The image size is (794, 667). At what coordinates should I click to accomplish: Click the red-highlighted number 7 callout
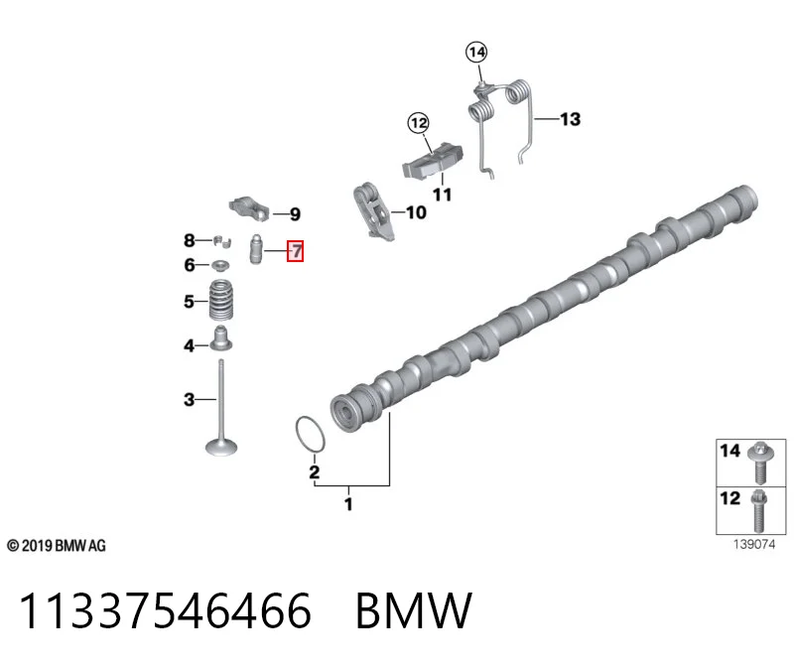coord(295,251)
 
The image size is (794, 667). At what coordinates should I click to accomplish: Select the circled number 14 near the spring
coord(476,53)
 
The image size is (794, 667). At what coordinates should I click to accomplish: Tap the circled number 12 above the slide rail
coord(419,123)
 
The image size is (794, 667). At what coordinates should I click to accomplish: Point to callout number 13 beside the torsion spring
coord(570,119)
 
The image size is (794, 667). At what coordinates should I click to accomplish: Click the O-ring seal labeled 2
coord(310,435)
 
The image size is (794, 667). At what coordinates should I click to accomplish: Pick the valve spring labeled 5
coord(221,300)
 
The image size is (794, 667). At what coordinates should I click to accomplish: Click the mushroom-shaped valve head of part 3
coord(221,448)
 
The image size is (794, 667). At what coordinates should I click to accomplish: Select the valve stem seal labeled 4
coord(220,338)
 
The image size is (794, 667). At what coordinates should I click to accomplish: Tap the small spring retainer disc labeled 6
coord(220,265)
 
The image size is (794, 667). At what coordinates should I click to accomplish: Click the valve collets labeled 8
coord(221,240)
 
